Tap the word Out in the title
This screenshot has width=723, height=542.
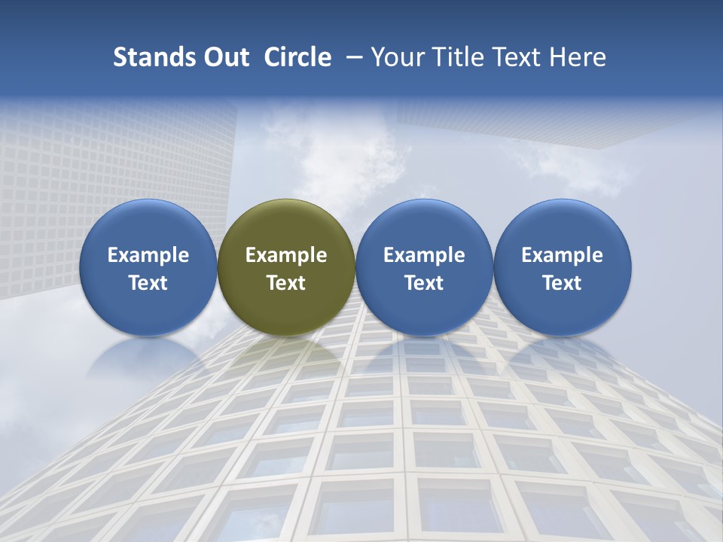tap(224, 57)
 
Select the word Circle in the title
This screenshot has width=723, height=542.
tap(297, 57)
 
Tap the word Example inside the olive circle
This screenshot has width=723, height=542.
tap(286, 255)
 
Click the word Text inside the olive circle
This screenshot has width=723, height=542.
tap(286, 283)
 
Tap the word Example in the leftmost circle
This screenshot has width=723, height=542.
tap(148, 255)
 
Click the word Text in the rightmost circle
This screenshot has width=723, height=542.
tap(562, 283)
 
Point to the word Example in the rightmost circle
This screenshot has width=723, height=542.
tap(562, 255)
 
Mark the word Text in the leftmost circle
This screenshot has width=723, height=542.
tap(148, 283)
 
